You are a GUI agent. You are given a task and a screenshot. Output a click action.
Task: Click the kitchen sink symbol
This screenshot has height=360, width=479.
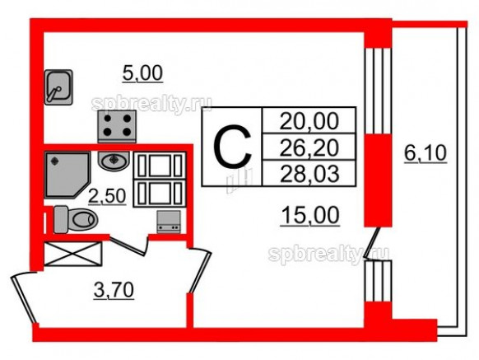tap(58, 87)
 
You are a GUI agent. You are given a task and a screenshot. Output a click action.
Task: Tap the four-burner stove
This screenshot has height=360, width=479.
tap(117, 127)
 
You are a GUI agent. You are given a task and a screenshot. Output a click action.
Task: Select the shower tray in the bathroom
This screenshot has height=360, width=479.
tap(67, 175)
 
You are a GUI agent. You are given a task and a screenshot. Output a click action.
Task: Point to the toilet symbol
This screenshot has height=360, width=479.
tap(76, 219)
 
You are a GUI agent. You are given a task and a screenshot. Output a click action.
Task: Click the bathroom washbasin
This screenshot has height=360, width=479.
tap(114, 161)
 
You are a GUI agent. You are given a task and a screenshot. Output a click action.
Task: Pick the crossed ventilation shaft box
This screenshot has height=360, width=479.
tap(73, 254)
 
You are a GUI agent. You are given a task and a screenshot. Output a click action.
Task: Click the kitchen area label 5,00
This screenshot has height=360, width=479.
tap(142, 73)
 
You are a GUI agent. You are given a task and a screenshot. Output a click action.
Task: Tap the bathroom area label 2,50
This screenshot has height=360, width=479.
tap(107, 196)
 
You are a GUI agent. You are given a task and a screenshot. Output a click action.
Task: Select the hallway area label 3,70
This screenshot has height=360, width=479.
tap(114, 290)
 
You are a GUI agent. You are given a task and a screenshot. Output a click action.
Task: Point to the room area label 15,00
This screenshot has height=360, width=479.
tap(310, 215)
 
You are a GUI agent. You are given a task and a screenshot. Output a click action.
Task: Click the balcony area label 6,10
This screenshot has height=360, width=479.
tap(426, 153)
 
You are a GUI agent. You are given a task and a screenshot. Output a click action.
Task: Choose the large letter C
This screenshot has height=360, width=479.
tap(232, 147)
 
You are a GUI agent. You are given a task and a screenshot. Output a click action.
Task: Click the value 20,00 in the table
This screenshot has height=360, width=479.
tap(309, 121)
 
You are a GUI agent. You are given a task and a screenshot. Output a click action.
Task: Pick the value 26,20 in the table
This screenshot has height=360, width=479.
tap(309, 147)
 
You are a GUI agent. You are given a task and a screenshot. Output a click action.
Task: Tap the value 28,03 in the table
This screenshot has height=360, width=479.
tap(309, 174)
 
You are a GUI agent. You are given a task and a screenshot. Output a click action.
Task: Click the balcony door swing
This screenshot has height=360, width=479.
tap(373, 244)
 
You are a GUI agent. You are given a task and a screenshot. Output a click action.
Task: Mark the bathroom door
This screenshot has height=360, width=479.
tap(128, 245)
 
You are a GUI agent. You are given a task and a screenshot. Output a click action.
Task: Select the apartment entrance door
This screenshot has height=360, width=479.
tap(24, 298)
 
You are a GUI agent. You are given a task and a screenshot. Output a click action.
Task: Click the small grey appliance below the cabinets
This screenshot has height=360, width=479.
tap(169, 222)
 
